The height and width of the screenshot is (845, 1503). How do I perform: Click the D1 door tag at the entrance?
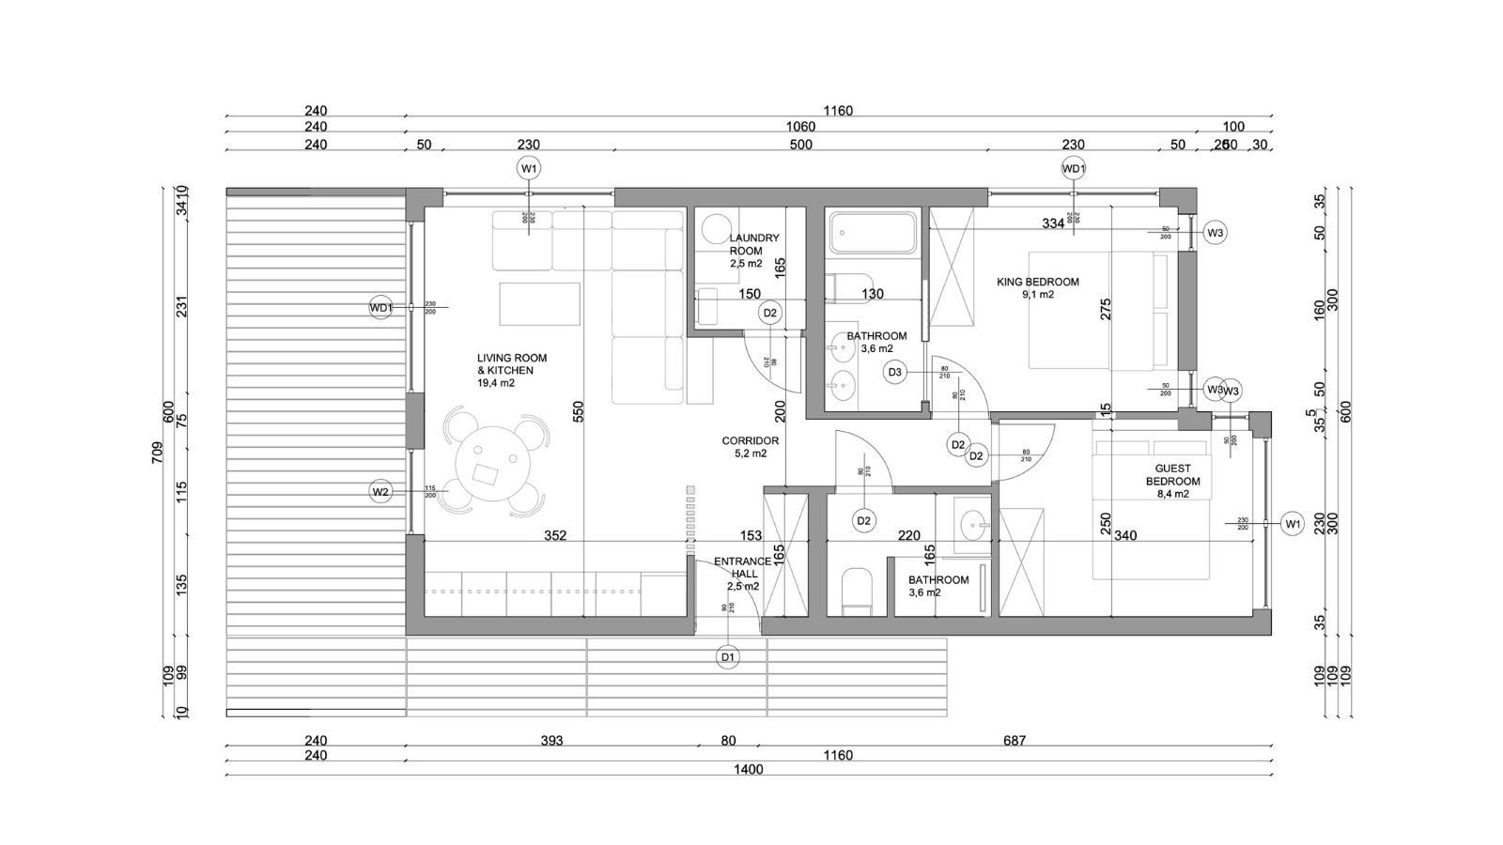pyautogui.click(x=727, y=657)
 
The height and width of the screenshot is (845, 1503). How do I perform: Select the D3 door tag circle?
pyautogui.click(x=895, y=373)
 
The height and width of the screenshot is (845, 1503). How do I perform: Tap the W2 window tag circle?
pyautogui.click(x=380, y=491)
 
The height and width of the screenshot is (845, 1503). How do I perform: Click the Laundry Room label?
pyautogui.click(x=753, y=251)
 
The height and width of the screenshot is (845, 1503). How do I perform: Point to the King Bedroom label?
pyautogui.click(x=1037, y=287)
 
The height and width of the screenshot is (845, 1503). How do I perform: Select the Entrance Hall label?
pyautogui.click(x=742, y=574)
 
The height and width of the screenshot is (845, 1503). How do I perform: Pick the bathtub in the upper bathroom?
pyautogui.click(x=873, y=233)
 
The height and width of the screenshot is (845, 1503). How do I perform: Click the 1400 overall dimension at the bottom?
pyautogui.click(x=750, y=770)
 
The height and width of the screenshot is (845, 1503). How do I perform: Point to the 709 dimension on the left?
pyautogui.click(x=158, y=453)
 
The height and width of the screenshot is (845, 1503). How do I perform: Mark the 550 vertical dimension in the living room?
pyautogui.click(x=579, y=411)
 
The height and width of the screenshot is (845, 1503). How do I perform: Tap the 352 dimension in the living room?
pyautogui.click(x=555, y=536)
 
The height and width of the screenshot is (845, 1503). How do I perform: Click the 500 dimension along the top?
pyautogui.click(x=800, y=145)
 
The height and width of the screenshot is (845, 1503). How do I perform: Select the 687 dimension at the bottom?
pyautogui.click(x=1014, y=741)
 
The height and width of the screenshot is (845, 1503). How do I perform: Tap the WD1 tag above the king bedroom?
pyautogui.click(x=1074, y=168)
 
